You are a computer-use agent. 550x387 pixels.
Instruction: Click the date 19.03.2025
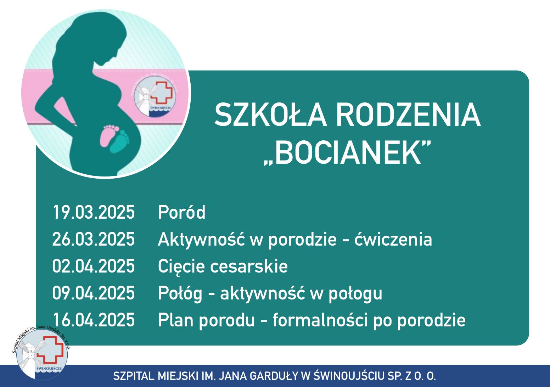[94, 212]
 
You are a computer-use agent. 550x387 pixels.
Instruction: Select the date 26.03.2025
[94, 239]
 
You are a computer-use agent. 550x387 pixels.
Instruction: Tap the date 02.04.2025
[94, 266]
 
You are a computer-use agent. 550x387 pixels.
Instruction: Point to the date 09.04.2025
[94, 293]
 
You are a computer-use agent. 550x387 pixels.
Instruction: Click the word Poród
[182, 212]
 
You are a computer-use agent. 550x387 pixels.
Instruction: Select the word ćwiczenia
[393, 239]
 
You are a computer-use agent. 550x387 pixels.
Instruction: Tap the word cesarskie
[249, 266]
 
